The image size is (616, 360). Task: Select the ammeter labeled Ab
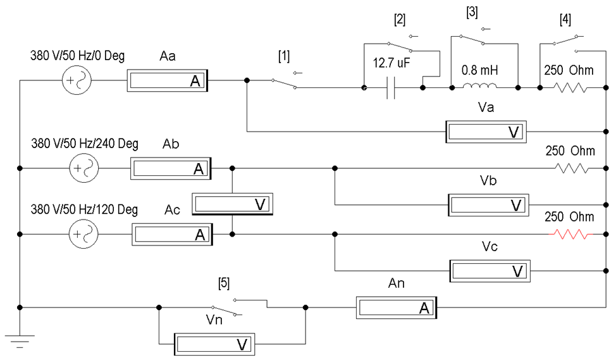170,168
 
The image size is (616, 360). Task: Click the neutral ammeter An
396,307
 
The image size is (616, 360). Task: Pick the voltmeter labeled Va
485,132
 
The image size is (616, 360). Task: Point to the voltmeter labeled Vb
487,205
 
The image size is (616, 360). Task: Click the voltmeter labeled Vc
488,270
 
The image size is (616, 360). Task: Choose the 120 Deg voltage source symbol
82,234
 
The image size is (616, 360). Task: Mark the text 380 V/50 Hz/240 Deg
85,143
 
